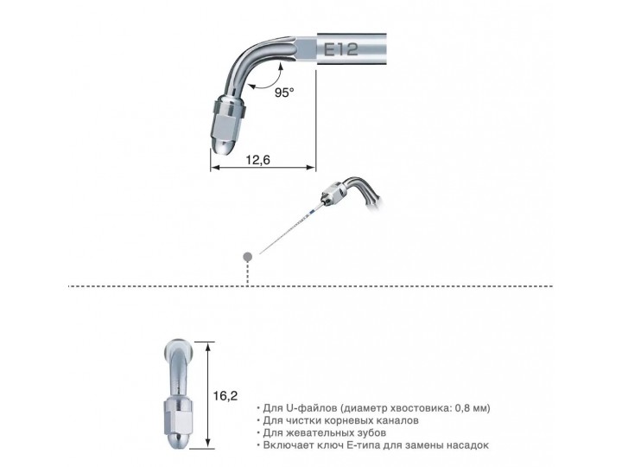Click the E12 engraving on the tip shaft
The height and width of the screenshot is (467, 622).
(343, 48)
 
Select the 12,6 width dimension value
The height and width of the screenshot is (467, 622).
(259, 160)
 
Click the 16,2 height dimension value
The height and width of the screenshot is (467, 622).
(225, 395)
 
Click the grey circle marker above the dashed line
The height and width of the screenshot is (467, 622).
(248, 256)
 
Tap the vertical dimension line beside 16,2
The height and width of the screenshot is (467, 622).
(207, 394)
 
